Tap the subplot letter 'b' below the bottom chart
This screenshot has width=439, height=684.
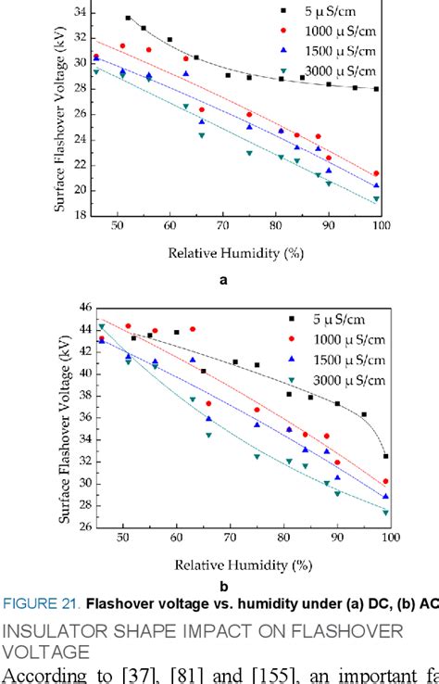(222, 586)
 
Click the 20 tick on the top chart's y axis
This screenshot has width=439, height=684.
(77, 191)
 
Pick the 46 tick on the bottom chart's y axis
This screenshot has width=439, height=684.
(77, 307)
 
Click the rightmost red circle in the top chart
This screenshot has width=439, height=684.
(376, 173)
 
